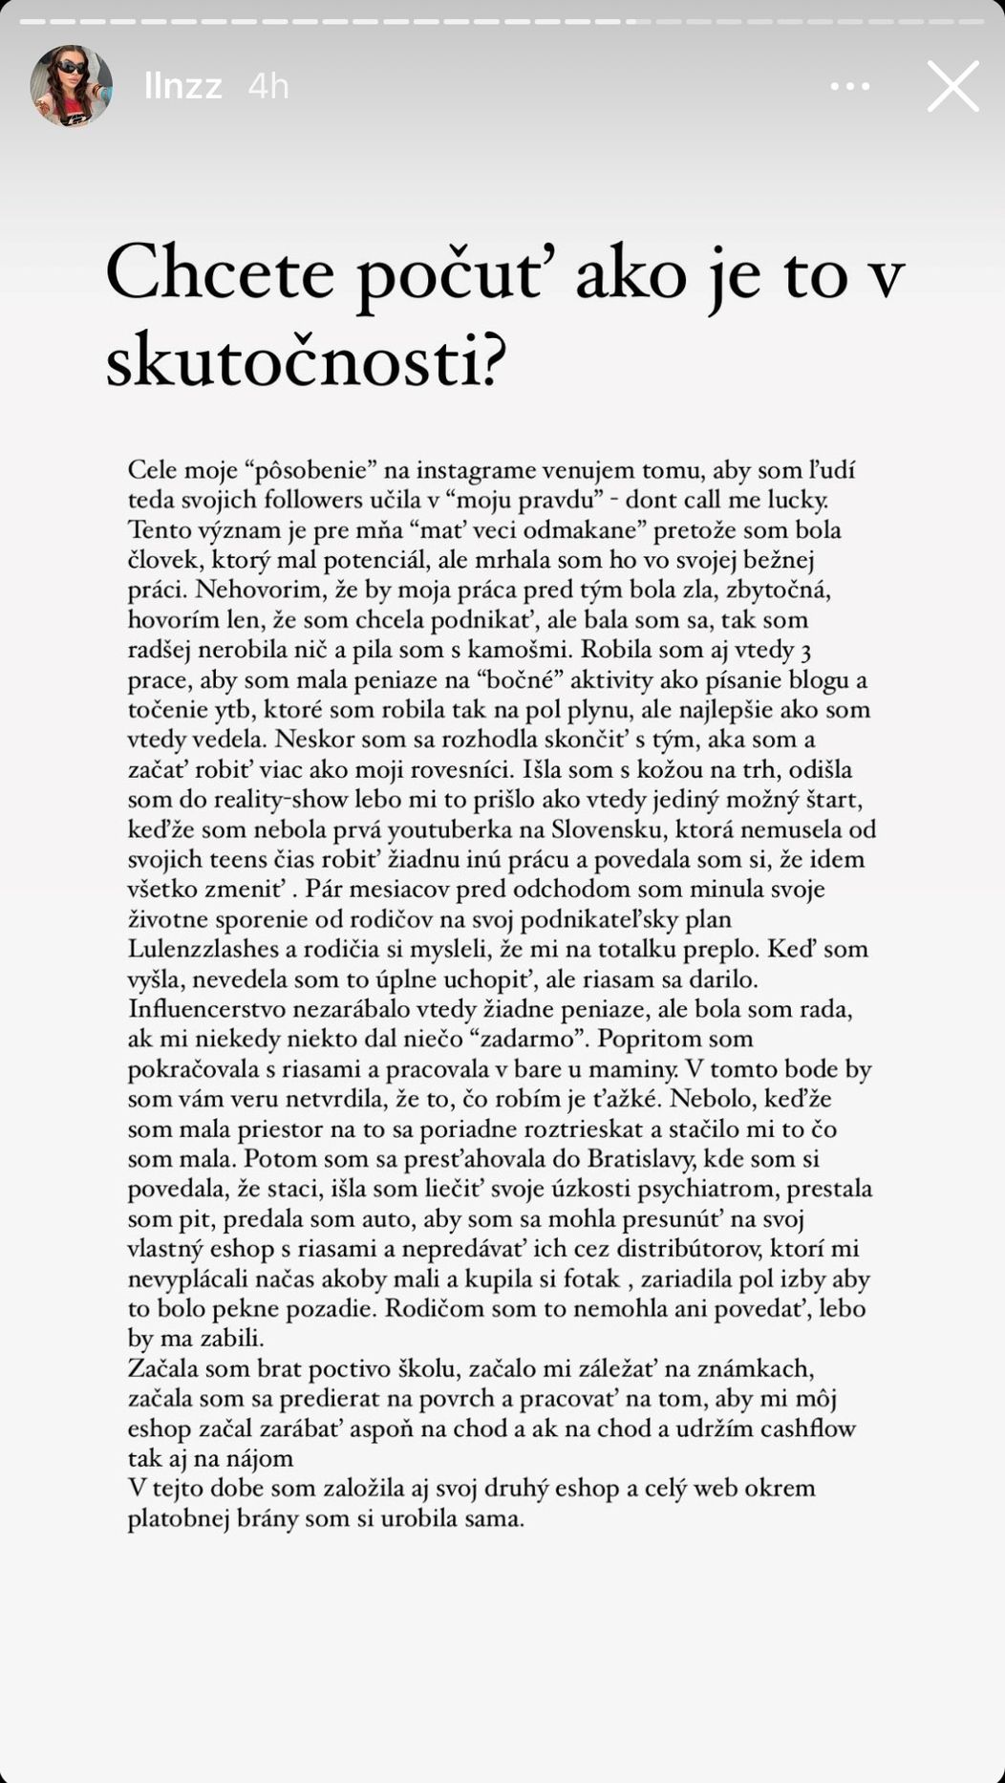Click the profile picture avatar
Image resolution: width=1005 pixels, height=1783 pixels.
[x=72, y=86]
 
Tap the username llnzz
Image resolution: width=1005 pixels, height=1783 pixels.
[x=182, y=87]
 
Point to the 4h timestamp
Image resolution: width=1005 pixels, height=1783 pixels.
[x=267, y=87]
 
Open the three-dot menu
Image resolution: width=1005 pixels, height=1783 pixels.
[x=849, y=86]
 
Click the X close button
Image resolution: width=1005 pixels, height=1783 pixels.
[x=952, y=86]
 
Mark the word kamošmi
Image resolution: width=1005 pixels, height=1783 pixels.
[x=521, y=650]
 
